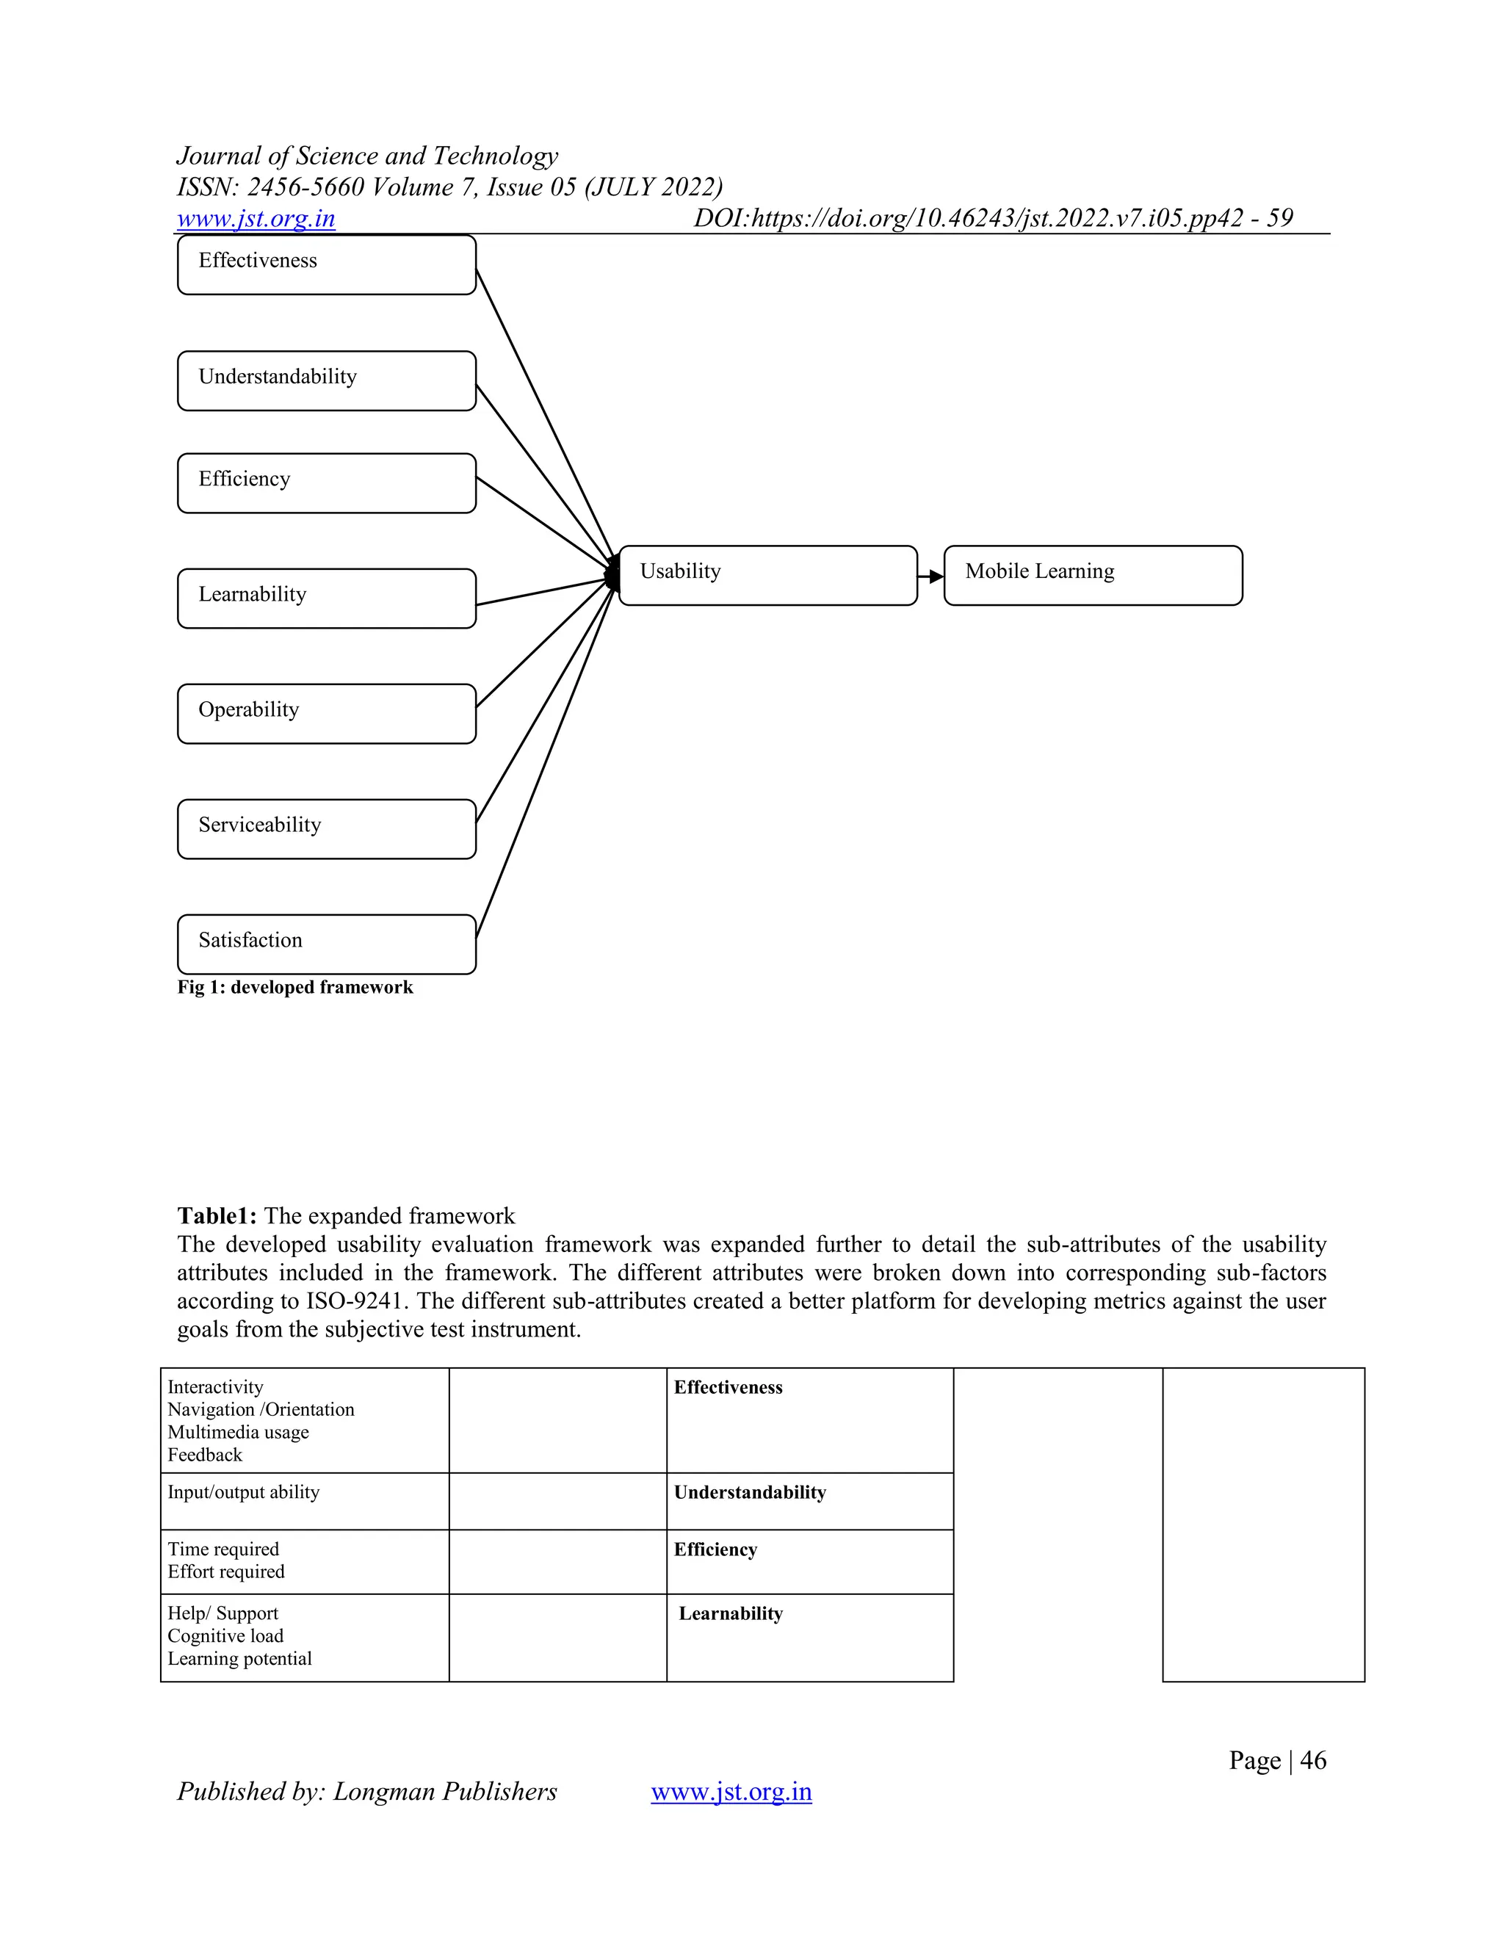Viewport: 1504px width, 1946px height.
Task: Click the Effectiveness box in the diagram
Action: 326,264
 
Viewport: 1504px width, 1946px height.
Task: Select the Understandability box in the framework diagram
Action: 326,380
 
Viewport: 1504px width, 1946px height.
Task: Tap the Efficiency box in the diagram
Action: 326,483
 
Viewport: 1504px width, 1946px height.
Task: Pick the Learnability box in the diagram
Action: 326,598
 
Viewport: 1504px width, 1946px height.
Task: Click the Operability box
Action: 326,714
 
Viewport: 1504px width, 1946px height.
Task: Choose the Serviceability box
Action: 326,828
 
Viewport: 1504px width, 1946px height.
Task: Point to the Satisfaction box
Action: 326,944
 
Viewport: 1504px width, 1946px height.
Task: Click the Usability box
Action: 767,576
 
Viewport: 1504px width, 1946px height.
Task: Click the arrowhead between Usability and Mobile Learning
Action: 936,576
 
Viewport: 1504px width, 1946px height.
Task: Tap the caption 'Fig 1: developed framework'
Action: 295,987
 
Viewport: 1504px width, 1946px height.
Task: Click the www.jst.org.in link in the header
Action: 256,218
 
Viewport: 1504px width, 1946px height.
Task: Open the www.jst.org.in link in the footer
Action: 731,1791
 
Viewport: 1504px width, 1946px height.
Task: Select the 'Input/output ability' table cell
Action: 243,1492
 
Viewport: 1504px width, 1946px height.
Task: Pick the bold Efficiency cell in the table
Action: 715,1549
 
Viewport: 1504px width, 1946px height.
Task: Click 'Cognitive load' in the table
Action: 225,1636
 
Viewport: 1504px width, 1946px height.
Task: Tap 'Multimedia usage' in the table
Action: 238,1432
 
